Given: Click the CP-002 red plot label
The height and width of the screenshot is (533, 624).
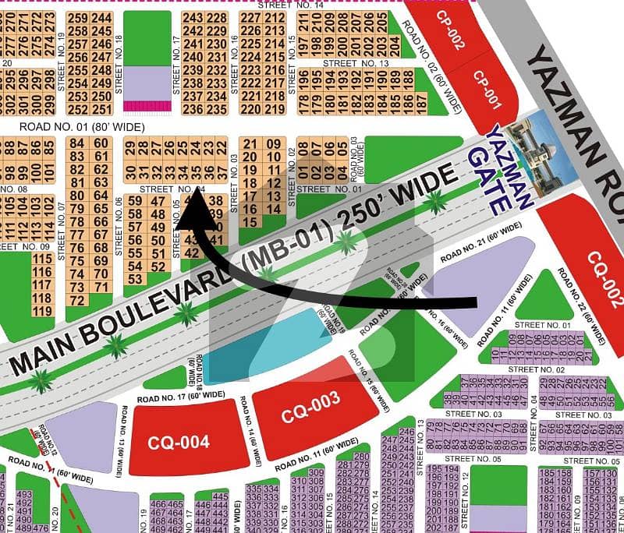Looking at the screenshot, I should click(450, 30).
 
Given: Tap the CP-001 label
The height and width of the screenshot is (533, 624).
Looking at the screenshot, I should click(487, 90).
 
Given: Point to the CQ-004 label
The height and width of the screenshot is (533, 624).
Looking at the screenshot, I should click(179, 443).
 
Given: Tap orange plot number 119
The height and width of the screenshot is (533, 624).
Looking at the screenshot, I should click(42, 312).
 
